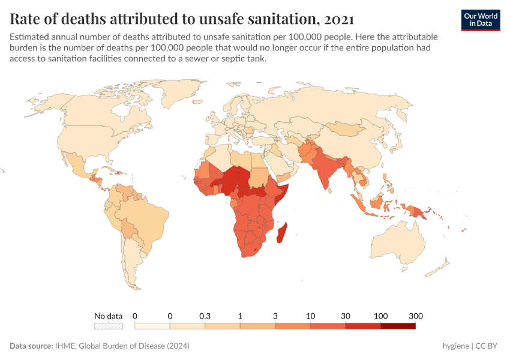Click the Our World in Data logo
coord(480,19)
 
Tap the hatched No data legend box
coord(108,326)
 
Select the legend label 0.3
coord(205,316)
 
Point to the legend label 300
coord(416,316)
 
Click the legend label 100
coord(380,316)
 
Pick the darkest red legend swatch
coord(398,326)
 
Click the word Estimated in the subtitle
coord(29,37)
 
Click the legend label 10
coord(310,316)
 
